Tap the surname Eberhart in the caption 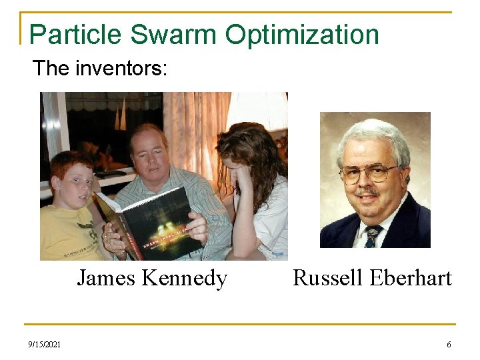pyautogui.click(x=413, y=277)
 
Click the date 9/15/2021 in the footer pyautogui.click(x=45, y=345)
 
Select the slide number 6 pyautogui.click(x=449, y=345)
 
